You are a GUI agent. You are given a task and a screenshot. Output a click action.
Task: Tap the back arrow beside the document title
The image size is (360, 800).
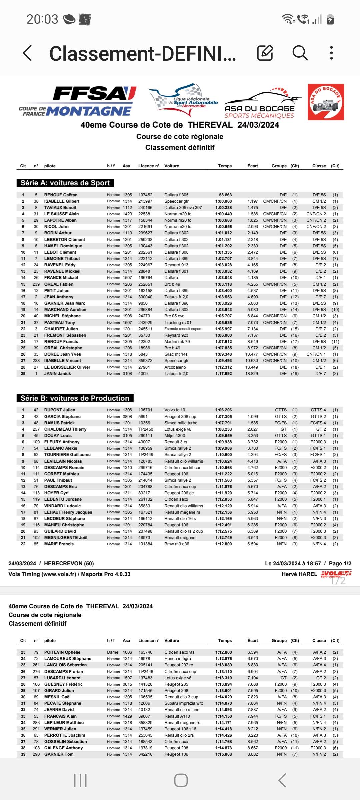(x=28, y=53)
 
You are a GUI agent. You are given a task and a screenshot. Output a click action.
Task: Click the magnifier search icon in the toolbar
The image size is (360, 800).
(x=300, y=53)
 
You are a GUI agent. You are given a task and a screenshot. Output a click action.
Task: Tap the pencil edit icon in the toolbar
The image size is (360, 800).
(x=265, y=53)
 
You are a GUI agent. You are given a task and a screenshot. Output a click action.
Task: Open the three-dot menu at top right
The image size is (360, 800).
(x=331, y=53)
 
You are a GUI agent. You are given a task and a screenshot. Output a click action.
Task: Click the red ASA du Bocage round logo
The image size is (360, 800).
(x=326, y=102)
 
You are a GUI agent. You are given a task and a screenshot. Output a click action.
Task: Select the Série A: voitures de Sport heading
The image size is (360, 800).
(x=65, y=183)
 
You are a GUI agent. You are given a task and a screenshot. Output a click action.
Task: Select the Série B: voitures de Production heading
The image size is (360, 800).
(x=75, y=398)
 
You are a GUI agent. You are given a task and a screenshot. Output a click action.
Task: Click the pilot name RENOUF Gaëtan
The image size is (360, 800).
(x=61, y=195)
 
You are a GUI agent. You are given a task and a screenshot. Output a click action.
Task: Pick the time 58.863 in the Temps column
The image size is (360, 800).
(x=225, y=195)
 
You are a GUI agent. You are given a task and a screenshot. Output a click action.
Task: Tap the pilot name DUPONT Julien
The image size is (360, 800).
(x=60, y=410)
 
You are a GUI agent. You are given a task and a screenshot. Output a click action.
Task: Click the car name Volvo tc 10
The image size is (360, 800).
(x=175, y=410)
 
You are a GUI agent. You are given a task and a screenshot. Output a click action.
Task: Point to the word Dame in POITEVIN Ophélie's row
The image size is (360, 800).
(x=113, y=652)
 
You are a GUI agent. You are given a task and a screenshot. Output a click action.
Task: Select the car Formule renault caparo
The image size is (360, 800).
(x=183, y=329)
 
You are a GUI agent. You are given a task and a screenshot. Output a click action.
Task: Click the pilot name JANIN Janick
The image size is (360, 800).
(x=57, y=374)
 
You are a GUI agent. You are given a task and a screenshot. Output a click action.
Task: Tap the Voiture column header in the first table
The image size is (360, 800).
(x=172, y=166)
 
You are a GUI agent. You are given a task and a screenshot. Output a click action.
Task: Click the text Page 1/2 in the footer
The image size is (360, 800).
(x=340, y=564)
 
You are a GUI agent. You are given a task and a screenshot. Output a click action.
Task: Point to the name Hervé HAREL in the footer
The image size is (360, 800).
(x=299, y=574)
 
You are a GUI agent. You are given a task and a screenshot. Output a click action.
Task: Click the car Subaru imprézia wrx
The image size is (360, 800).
(x=184, y=703)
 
